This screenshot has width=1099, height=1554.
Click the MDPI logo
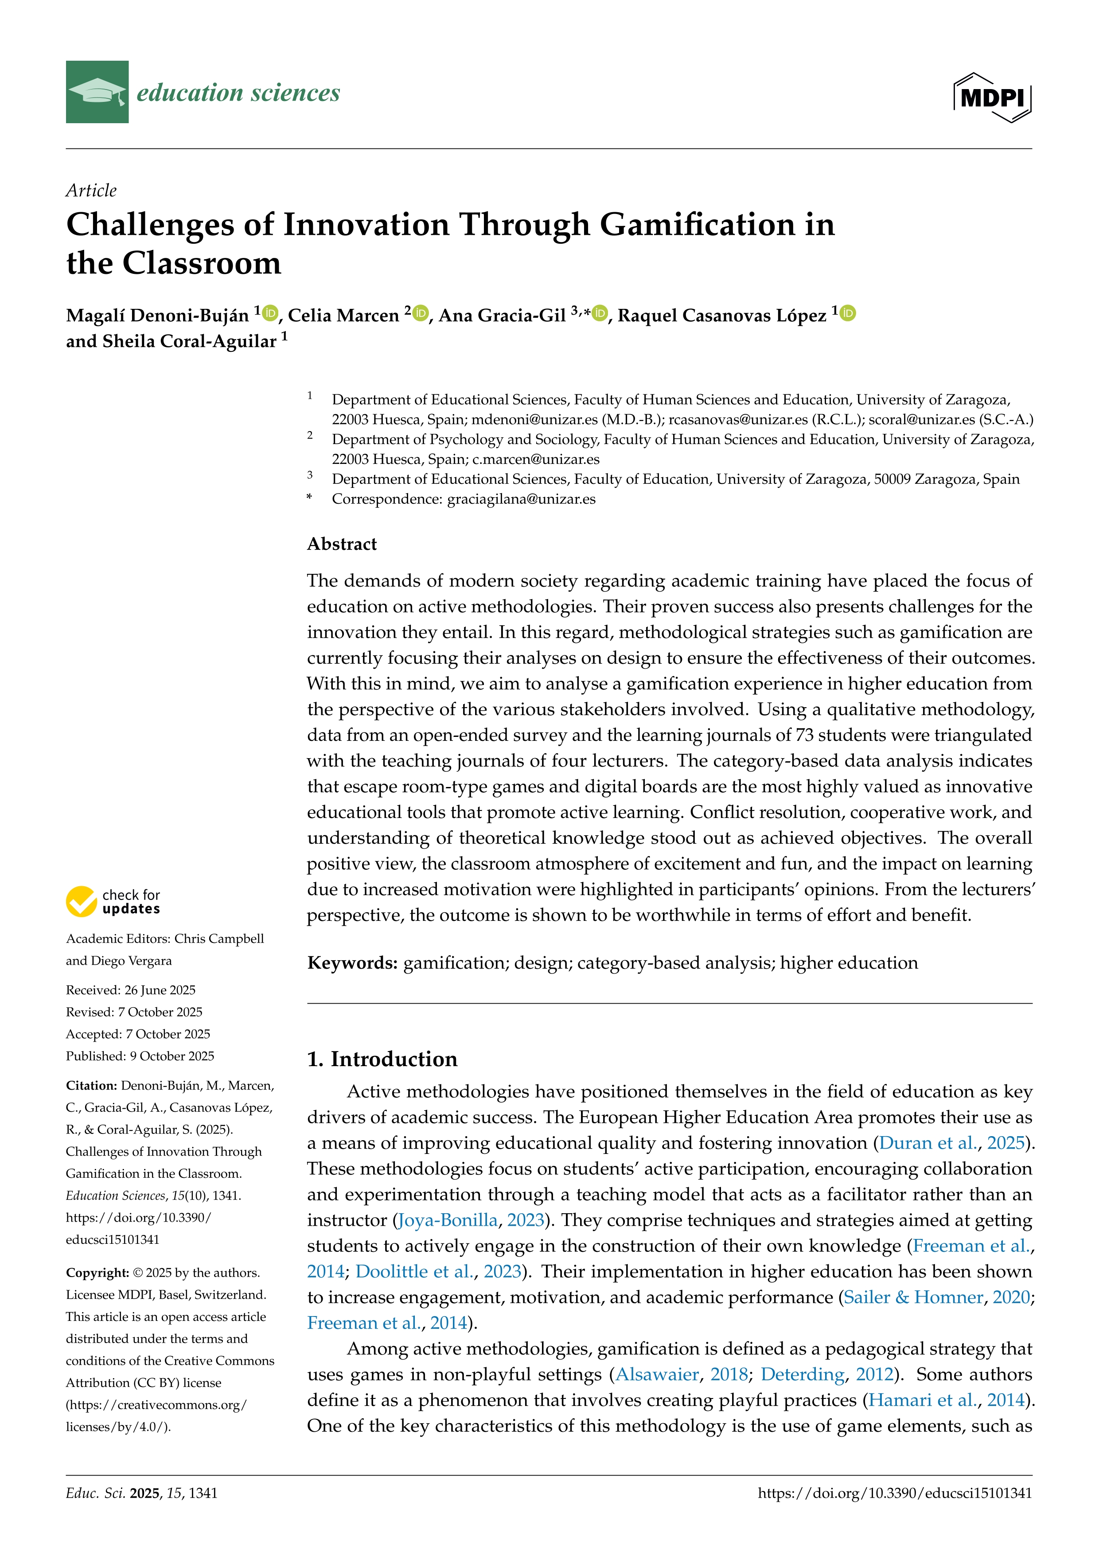point(992,97)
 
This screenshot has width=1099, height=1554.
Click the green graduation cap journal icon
point(97,92)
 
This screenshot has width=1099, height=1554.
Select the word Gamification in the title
point(697,225)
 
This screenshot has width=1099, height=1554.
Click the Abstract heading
point(342,544)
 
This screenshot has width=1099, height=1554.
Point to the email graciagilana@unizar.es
point(521,499)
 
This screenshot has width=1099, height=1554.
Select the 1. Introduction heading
point(382,1059)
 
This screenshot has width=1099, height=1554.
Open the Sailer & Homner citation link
point(914,1297)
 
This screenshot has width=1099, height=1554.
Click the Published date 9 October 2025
point(140,1056)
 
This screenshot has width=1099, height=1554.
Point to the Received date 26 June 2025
point(131,990)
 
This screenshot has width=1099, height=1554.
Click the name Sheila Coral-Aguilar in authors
point(171,341)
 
